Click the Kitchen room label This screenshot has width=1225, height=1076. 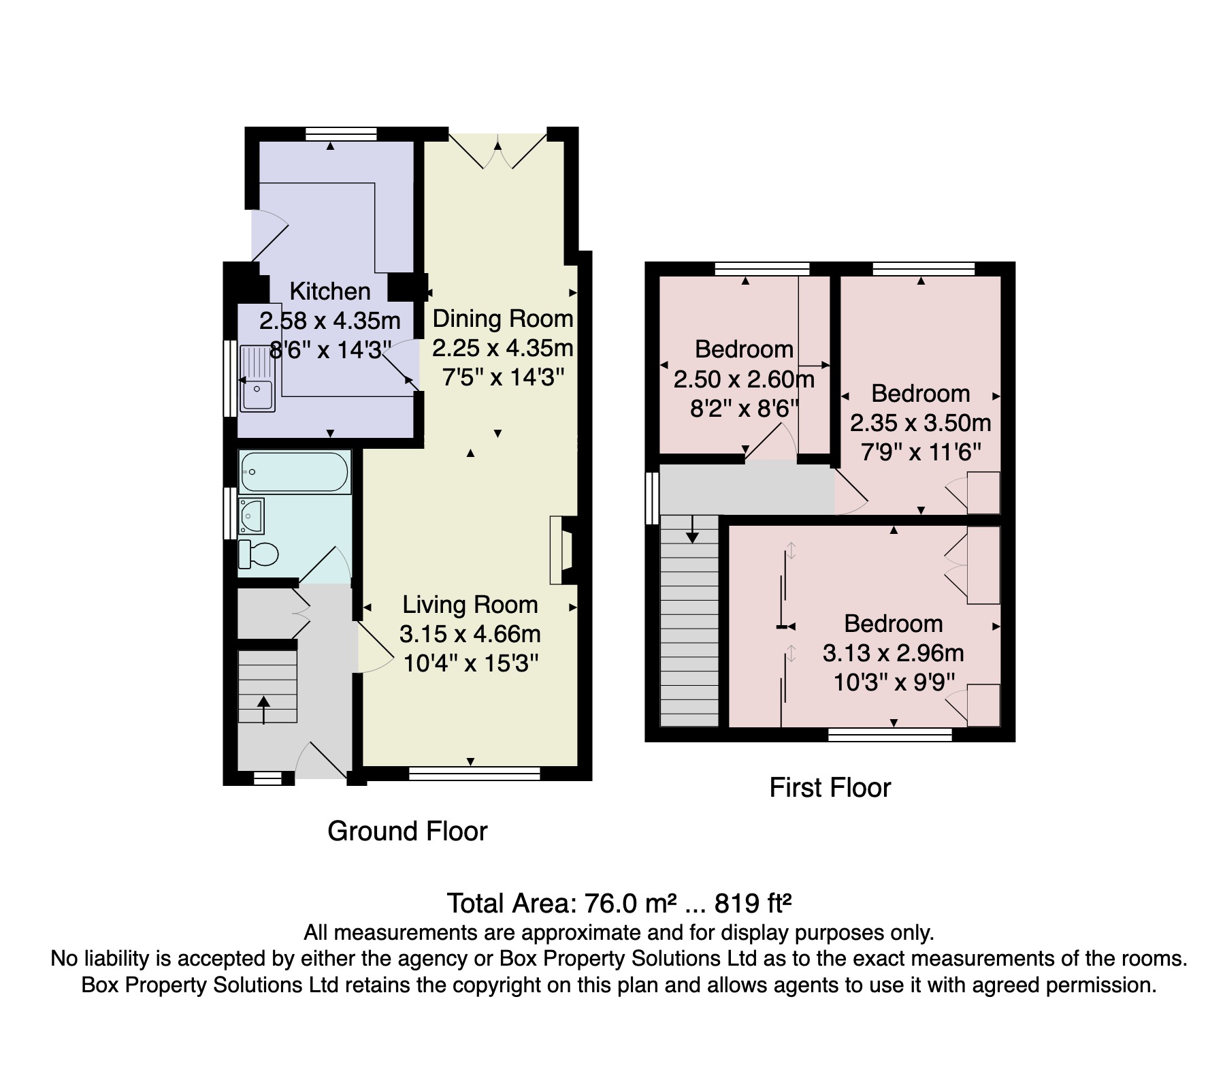(330, 291)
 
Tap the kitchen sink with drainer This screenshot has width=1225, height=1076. (257, 378)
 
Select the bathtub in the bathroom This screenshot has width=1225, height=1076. (294, 471)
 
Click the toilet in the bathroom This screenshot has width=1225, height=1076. (259, 554)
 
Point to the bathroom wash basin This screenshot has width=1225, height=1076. (251, 516)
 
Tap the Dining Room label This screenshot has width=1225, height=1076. (503, 319)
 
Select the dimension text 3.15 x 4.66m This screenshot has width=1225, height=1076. (470, 634)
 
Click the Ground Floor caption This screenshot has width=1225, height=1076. (407, 832)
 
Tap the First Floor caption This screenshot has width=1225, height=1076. (830, 788)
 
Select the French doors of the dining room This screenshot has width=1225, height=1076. (497, 150)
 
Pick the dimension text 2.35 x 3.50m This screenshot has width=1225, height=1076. (920, 423)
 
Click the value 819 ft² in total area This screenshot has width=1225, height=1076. (753, 904)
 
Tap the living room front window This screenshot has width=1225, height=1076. (474, 773)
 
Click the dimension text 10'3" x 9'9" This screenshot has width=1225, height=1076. (894, 682)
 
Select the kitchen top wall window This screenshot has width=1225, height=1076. (341, 133)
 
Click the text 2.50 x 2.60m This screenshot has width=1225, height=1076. (744, 379)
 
